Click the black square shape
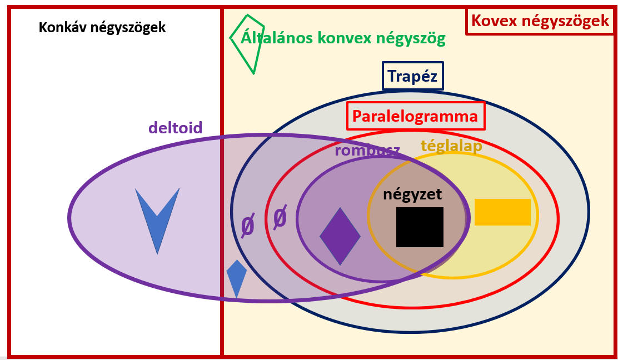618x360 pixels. pos(420,227)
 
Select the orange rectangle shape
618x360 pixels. pos(502,212)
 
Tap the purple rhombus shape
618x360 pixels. pos(340,236)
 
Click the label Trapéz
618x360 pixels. pos(413,76)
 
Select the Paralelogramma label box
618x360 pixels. pos(415,116)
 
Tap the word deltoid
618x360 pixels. pos(175,128)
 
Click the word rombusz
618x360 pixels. pos(367,151)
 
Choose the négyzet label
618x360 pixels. pos(412,194)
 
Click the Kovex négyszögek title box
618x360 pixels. pos(540,21)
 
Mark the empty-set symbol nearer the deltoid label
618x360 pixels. pos(247,226)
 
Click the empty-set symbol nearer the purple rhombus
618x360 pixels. pos(280,217)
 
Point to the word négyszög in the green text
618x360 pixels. pos(412,38)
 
